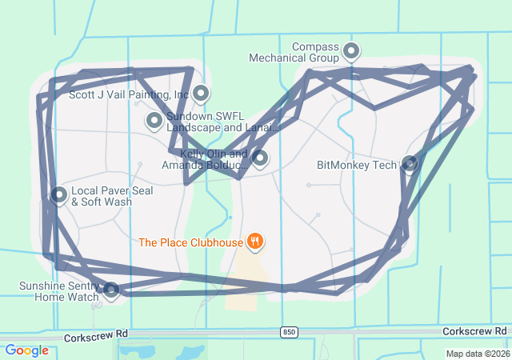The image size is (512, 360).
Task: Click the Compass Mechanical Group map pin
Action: [x=351, y=52]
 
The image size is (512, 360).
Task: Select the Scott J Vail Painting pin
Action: [x=201, y=94]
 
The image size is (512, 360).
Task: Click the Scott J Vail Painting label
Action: [x=129, y=94]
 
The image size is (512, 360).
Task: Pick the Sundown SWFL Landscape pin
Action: [x=154, y=121]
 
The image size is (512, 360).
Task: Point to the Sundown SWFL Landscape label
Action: [x=222, y=122]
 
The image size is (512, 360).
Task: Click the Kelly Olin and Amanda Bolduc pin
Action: [x=260, y=158]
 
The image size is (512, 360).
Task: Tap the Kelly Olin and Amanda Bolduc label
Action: [x=206, y=160]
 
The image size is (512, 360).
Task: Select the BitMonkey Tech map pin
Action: [x=410, y=164]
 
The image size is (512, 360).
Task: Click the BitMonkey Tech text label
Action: [x=357, y=166]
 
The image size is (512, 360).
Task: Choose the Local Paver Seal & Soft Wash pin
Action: [x=59, y=194]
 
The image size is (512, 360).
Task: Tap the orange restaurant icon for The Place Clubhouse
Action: [x=255, y=240]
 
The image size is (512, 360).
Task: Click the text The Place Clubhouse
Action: [x=190, y=242]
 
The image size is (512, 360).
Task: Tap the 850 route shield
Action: [x=288, y=331]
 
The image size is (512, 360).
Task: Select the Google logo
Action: [x=27, y=350]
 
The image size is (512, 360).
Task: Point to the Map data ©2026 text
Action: [x=477, y=354]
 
